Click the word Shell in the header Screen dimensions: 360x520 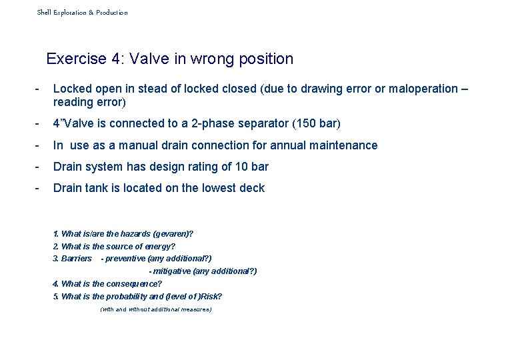pos(44,13)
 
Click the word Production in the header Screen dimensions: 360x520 pos(112,13)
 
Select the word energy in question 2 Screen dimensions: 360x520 pos(159,247)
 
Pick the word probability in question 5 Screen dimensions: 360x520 pos(127,297)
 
